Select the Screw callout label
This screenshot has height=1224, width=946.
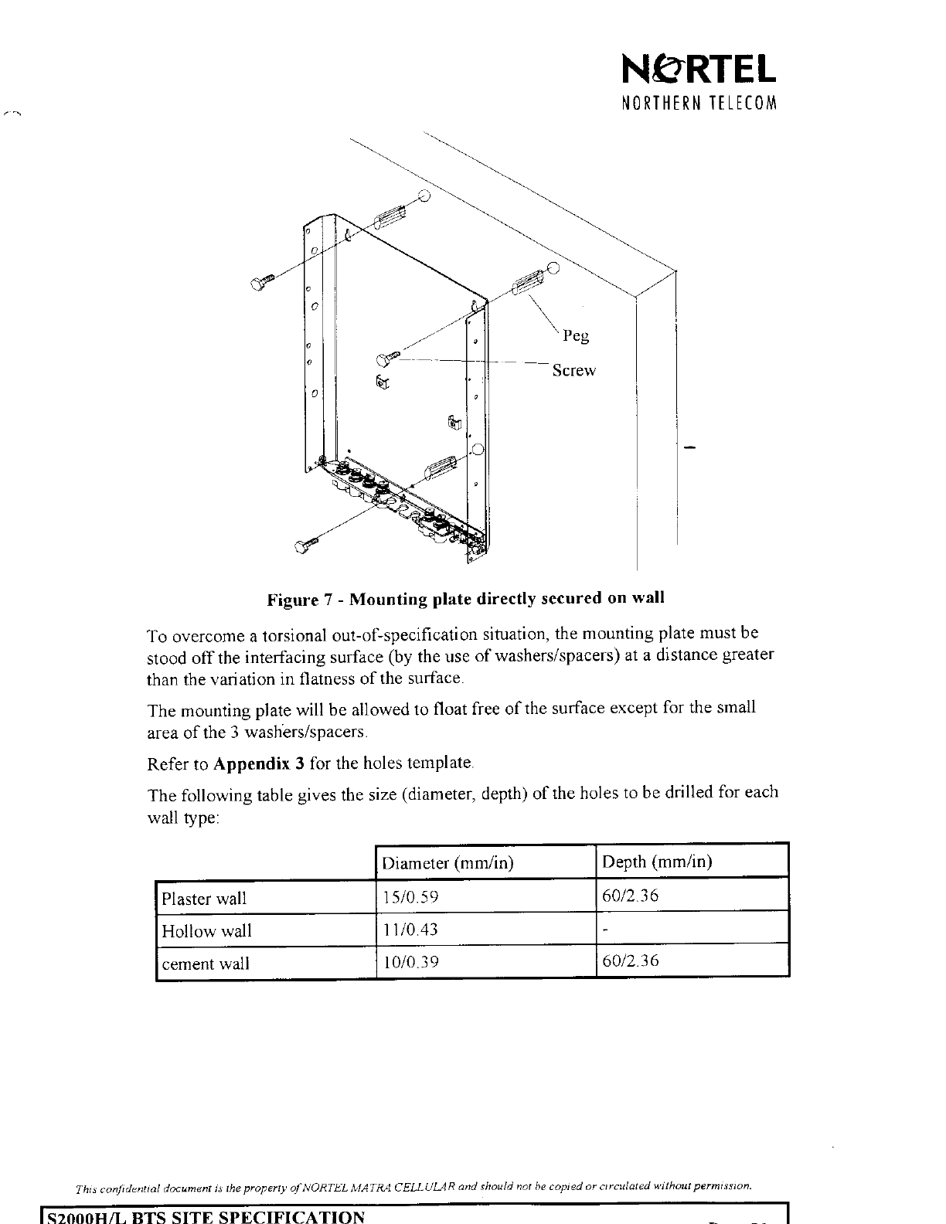[x=574, y=371]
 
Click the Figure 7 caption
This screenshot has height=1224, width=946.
[x=465, y=599]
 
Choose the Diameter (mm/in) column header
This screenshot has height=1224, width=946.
[x=448, y=863]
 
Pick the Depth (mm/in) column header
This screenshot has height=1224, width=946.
[x=657, y=862]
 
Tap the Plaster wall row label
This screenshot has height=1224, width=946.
[x=204, y=899]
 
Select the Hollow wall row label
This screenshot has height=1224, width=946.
[x=206, y=931]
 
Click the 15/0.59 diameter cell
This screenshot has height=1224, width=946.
[x=410, y=897]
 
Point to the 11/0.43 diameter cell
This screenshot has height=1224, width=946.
[x=410, y=930]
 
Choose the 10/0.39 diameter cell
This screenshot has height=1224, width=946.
[x=410, y=962]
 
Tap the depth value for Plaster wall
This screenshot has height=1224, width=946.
[x=630, y=896]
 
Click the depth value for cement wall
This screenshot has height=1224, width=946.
[x=630, y=961]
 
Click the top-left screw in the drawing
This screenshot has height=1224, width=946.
[x=262, y=282]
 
